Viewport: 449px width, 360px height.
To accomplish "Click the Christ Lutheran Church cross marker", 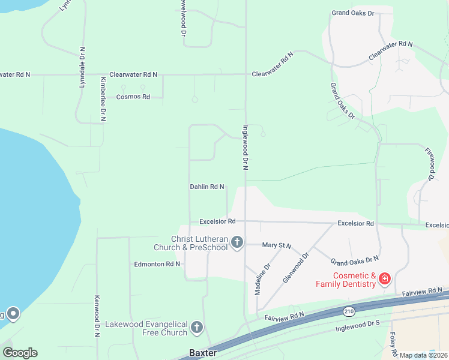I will (237, 242).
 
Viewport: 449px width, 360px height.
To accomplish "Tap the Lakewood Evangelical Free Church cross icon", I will (197, 328).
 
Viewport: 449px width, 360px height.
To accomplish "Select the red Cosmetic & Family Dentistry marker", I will (384, 278).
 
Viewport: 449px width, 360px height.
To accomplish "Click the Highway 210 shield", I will (349, 311).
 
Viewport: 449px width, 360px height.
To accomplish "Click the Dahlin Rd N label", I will (207, 187).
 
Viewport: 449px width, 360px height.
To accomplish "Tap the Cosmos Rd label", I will (133, 97).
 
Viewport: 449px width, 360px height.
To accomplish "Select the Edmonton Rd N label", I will (157, 264).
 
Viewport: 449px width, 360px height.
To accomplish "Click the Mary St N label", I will (277, 245).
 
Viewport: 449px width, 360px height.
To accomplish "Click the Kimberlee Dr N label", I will (103, 99).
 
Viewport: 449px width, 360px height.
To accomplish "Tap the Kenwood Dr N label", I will (97, 316).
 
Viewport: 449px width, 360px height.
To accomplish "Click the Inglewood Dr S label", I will (359, 326).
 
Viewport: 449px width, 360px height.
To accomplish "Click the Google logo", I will (20, 353).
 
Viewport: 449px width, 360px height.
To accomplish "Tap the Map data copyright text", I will (423, 355).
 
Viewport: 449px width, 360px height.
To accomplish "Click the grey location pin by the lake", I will (13, 313).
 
